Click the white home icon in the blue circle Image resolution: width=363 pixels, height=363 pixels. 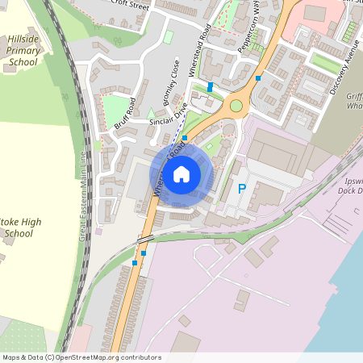coord(181,173)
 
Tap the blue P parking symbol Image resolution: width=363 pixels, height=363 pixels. coord(241,190)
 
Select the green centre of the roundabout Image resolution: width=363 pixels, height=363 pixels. coord(236,105)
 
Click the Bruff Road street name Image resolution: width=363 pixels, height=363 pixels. coord(127,114)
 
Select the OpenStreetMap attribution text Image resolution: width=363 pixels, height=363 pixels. coord(81,357)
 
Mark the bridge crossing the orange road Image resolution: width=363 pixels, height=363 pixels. coord(146,239)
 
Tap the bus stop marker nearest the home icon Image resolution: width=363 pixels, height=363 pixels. coord(185,138)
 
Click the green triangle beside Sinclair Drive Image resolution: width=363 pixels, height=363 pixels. coord(150,112)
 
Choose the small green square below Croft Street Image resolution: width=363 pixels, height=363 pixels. coord(169,36)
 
